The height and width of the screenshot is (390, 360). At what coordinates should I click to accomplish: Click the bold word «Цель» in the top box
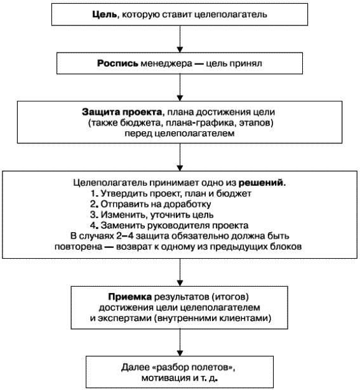point(104,15)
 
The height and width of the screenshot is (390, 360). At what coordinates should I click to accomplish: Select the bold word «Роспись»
point(117,63)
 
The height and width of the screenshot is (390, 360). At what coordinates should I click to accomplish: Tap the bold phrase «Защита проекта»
point(122,112)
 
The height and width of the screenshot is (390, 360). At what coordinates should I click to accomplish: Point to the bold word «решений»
point(261,183)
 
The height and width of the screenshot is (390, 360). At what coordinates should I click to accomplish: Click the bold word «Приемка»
point(130,297)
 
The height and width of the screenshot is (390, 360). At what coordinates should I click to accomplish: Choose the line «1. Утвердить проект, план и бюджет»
point(171,193)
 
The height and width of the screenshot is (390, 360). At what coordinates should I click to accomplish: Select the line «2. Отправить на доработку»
point(150,204)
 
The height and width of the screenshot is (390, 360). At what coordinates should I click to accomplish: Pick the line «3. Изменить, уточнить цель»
point(152,214)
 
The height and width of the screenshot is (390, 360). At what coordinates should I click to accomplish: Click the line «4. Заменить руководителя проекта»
point(169,226)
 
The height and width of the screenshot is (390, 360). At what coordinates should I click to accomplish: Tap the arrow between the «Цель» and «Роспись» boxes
point(180,39)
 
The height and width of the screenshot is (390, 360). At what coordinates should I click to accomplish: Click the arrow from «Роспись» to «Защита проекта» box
point(180,88)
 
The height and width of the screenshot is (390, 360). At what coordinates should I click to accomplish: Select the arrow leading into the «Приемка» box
point(180,272)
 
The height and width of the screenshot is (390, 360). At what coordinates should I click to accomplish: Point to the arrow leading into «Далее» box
point(180,342)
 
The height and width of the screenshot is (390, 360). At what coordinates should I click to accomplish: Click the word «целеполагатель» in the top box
point(230,15)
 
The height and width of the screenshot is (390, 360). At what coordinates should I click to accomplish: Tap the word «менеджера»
point(166,63)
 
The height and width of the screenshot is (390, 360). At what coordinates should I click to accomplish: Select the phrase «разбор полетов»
point(194,367)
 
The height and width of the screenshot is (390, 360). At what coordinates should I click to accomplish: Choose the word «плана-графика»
point(201,123)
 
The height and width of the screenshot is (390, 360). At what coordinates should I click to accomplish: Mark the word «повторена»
point(79,247)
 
